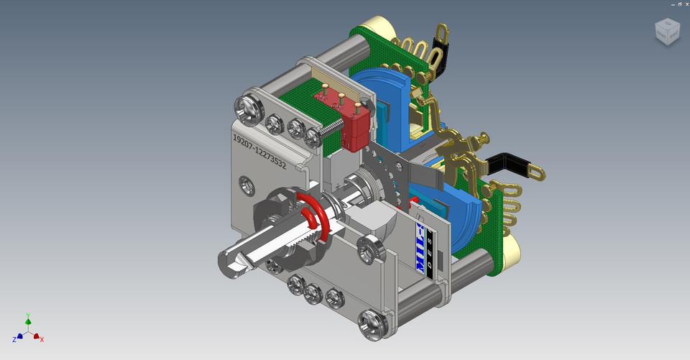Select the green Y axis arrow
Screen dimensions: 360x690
tap(28, 318)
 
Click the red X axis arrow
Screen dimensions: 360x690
tap(41, 337)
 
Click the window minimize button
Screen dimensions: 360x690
tap(661, 4)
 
